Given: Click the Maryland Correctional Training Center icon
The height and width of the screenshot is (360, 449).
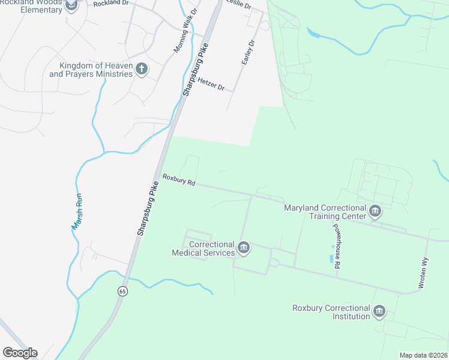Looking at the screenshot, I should (375, 211).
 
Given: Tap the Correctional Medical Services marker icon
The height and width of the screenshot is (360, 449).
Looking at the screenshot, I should (244, 247).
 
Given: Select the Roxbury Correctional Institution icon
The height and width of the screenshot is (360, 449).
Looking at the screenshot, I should (379, 311).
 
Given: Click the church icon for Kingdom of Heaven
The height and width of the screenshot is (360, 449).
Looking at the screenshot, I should (142, 69).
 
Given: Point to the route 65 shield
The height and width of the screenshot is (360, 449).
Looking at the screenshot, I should (122, 291).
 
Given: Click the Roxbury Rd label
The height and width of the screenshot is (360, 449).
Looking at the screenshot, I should (179, 180).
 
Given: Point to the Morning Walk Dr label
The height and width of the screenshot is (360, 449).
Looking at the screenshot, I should (185, 31).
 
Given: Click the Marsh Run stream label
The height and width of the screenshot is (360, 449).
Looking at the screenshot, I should (77, 211).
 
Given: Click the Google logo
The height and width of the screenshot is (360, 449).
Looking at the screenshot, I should (20, 353).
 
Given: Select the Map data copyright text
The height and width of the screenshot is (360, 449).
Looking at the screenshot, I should (424, 355).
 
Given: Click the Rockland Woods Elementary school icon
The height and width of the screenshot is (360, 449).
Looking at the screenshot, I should (71, 5).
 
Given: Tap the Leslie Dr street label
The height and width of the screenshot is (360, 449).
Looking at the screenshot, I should (238, 4).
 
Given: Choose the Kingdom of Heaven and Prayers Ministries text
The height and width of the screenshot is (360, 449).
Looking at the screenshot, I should (91, 70).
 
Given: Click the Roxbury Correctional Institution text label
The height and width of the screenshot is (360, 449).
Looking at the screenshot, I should (331, 312).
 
